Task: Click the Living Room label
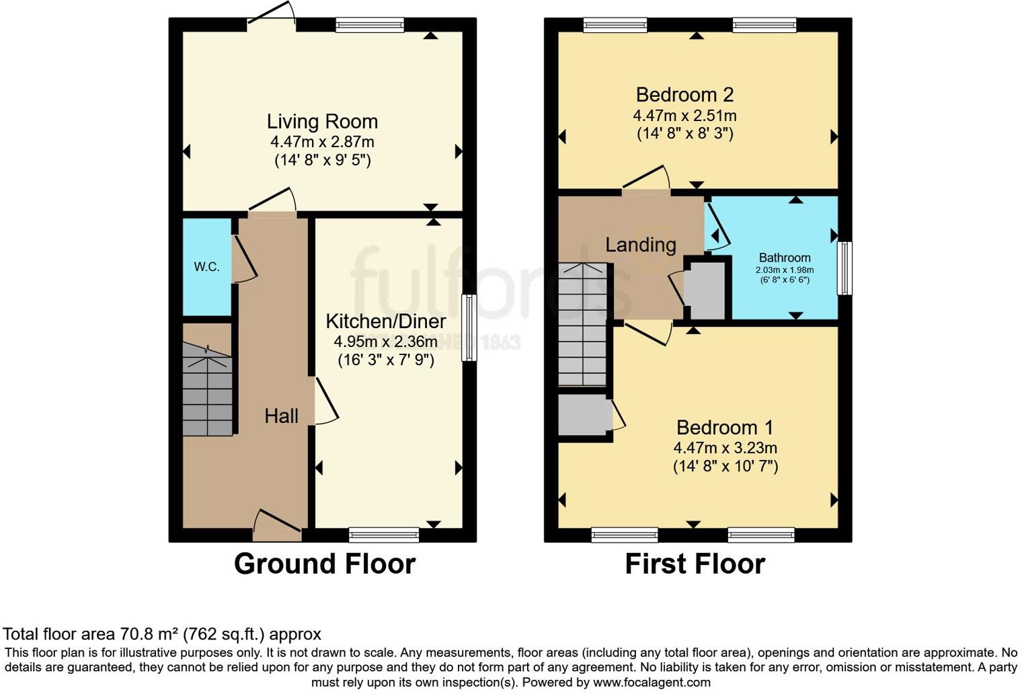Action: [x=322, y=122]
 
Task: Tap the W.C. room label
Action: [x=207, y=267]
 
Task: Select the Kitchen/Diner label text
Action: [x=386, y=321]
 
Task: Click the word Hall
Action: [x=281, y=416]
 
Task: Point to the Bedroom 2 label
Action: [x=684, y=95]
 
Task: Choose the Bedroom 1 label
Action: [x=725, y=427]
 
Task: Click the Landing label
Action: [x=640, y=245]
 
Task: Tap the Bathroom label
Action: [x=785, y=258]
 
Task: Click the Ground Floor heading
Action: [x=324, y=564]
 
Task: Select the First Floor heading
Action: [x=695, y=564]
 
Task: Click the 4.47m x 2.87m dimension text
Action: [x=322, y=142]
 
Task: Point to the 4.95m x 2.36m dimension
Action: [x=386, y=342]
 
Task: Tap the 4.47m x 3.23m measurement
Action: [x=725, y=448]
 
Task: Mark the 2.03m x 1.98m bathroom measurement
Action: [x=785, y=270]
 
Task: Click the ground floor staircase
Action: [x=207, y=390]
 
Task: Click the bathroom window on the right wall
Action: [x=844, y=268]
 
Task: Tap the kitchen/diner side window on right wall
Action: [x=469, y=328]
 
